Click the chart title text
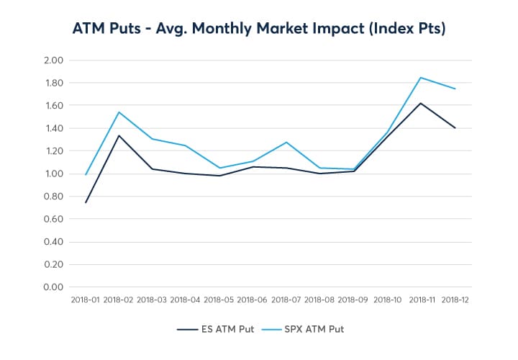click(259, 29)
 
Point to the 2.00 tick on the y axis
click(54, 60)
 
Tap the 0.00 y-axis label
click(54, 287)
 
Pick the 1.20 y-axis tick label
click(54, 151)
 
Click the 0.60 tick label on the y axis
click(54, 219)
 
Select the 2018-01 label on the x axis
click(86, 299)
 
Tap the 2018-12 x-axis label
click(455, 299)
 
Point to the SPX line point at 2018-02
click(119, 112)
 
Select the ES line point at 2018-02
click(119, 135)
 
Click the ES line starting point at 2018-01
click(86, 202)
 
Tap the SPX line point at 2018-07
click(287, 142)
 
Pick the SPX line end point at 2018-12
click(455, 89)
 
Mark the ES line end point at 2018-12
click(455, 128)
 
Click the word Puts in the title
click(127, 29)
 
